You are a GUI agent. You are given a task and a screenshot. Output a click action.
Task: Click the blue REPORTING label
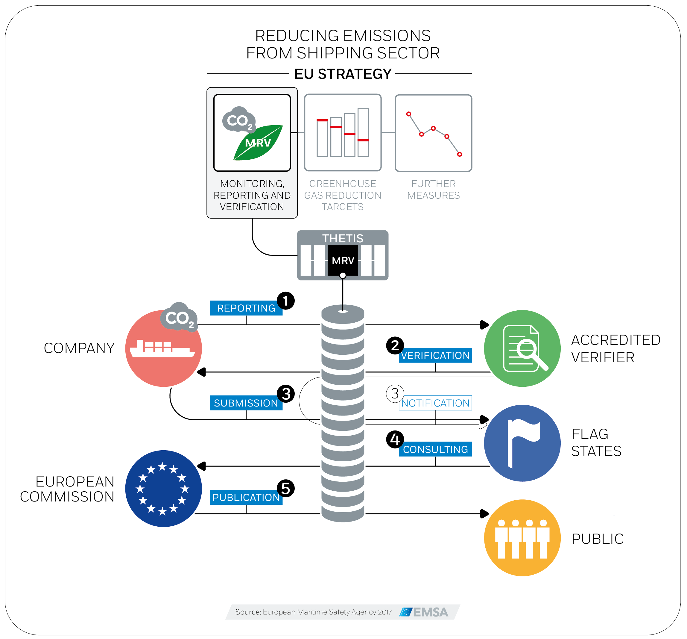coord(246,308)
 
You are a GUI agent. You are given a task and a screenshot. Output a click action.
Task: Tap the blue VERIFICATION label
coord(435,356)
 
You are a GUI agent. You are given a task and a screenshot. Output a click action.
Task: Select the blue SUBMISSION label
coord(246,403)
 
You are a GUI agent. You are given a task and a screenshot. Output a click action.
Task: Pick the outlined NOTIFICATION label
coord(435,403)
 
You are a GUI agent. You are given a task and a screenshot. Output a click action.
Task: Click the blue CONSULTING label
coord(435,449)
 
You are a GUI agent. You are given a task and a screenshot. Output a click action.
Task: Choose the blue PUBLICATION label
coord(246,497)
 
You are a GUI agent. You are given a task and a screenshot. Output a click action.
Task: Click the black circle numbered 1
coord(286,300)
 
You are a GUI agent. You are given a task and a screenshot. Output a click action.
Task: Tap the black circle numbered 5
coord(286,488)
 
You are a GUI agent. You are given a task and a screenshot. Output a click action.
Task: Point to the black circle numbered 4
coord(395,439)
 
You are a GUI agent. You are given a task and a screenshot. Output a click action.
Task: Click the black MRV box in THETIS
coord(343,260)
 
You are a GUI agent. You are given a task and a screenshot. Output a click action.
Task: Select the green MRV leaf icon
coord(258,143)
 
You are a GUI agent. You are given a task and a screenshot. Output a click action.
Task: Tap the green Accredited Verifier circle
coord(522,348)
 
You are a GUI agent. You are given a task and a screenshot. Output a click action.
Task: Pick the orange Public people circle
coord(522,538)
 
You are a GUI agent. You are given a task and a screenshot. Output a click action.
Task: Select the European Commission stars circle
coord(163,489)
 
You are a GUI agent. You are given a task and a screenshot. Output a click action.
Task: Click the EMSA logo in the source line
coord(424,612)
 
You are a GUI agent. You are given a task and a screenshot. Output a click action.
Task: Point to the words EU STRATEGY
coord(343,74)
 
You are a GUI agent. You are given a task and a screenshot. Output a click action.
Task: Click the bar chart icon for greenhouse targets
coord(343,132)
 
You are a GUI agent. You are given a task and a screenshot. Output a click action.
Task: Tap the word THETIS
coord(343,238)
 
